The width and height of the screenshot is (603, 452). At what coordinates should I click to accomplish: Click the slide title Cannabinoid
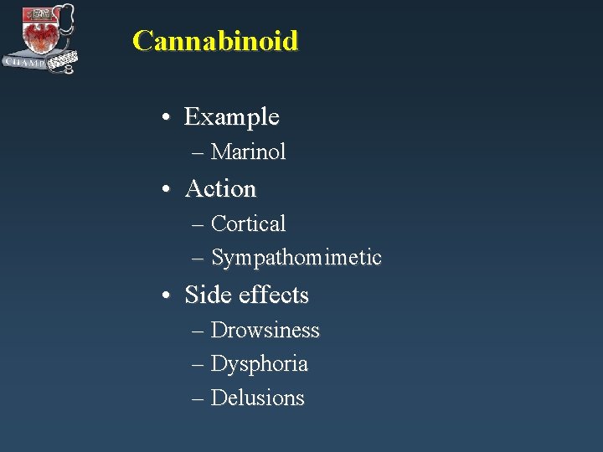[215, 40]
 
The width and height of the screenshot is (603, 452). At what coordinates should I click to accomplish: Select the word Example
[231, 116]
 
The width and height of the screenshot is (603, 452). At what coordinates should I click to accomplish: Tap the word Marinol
[248, 152]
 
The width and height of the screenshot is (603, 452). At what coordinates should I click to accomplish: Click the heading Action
[220, 189]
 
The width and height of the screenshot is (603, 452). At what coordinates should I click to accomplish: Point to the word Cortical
[248, 223]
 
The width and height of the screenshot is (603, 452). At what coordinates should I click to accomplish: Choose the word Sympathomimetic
[296, 258]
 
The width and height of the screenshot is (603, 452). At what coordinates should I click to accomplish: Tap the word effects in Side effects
[274, 295]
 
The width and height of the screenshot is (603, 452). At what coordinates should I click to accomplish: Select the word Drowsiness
[265, 331]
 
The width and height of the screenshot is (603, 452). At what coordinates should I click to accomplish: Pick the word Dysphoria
[259, 364]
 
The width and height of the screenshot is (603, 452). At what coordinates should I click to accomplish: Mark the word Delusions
[257, 398]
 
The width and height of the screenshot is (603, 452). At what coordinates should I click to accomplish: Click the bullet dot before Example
[169, 118]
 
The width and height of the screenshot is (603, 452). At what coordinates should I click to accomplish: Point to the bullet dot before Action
[169, 191]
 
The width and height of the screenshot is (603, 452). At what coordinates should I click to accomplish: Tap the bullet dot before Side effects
[169, 297]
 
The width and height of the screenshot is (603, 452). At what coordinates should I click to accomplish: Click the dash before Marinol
[198, 153]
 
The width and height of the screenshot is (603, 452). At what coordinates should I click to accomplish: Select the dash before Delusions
[198, 399]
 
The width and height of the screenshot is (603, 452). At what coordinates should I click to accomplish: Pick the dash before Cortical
[198, 225]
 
